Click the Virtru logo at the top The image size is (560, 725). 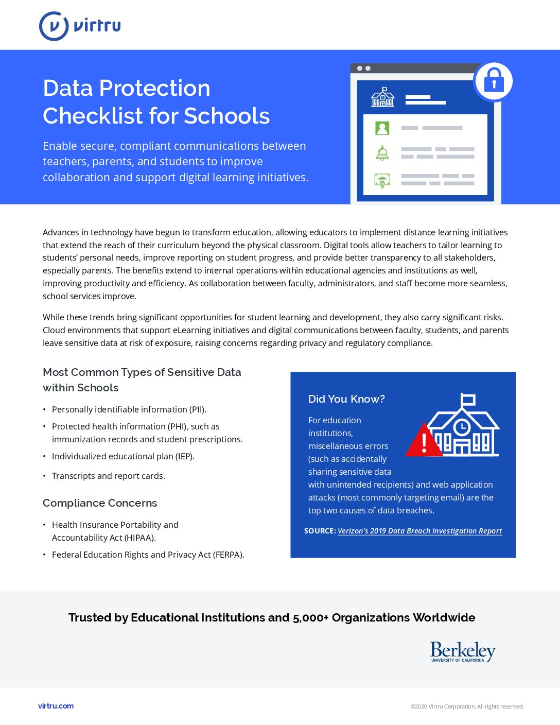[x=80, y=26]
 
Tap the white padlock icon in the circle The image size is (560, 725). [x=494, y=81]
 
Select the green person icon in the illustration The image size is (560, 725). [x=382, y=128]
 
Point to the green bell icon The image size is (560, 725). [x=382, y=153]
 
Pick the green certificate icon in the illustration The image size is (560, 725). [x=382, y=180]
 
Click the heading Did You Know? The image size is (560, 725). [x=346, y=399]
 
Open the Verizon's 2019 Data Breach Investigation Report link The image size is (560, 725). [x=419, y=531]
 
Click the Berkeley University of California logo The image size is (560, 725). [x=462, y=651]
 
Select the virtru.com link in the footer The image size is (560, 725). [x=56, y=706]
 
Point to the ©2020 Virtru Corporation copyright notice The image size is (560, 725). [x=467, y=706]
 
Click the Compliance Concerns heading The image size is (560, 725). [x=100, y=503]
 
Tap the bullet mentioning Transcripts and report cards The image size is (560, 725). [x=108, y=476]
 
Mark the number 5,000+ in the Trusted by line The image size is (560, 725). [x=310, y=618]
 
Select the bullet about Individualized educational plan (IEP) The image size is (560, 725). [x=123, y=456]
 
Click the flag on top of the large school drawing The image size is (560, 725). [x=468, y=399]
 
